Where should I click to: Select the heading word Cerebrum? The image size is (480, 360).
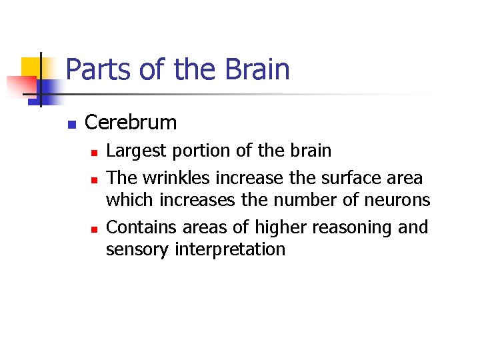131,123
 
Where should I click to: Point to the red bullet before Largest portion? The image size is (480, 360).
94,153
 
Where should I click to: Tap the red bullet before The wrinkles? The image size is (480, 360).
94,179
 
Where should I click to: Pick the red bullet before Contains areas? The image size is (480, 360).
94,229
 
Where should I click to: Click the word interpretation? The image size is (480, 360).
230,249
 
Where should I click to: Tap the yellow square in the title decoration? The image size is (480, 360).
31,67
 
